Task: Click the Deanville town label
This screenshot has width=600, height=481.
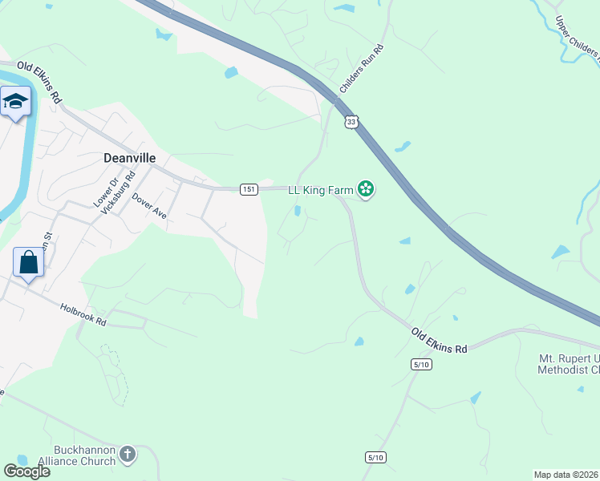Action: [x=129, y=158]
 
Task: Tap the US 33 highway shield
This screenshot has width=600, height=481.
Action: [x=351, y=122]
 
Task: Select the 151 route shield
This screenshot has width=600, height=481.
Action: [x=249, y=188]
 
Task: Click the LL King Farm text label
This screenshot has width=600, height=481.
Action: [x=322, y=188]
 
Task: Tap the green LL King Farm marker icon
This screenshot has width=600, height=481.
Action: [x=367, y=189]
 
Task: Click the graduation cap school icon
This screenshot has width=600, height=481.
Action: [x=15, y=102]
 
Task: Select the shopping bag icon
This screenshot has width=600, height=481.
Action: [x=28, y=263]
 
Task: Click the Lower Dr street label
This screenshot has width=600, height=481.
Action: [x=100, y=194]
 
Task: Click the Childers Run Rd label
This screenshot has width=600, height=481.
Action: [x=363, y=68]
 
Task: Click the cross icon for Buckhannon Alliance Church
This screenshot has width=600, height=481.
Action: [x=127, y=456]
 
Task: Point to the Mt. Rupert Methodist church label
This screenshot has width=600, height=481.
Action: [x=569, y=363]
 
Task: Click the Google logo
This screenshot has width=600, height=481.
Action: [x=26, y=471]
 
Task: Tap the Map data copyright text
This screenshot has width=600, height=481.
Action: [x=566, y=475]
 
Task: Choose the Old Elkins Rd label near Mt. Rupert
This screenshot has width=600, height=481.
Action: [x=439, y=341]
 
